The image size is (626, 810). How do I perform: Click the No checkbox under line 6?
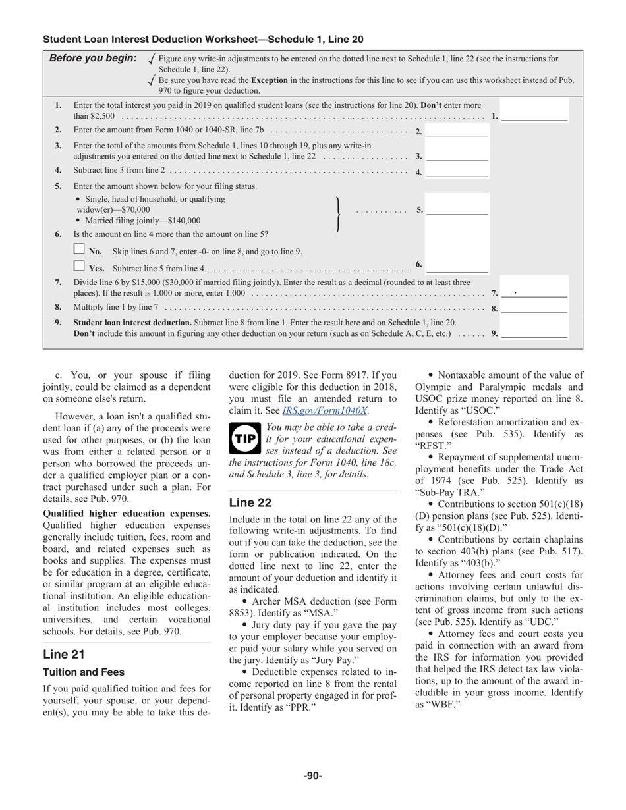pyautogui.click(x=79, y=249)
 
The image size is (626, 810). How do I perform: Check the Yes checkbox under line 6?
pyautogui.click(x=79, y=266)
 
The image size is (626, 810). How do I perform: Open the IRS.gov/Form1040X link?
pyautogui.click(x=325, y=410)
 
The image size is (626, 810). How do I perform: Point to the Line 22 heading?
pyautogui.click(x=250, y=502)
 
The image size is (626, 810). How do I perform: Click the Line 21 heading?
pyautogui.click(x=64, y=654)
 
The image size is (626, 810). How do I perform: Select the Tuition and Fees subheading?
pyautogui.click(x=84, y=672)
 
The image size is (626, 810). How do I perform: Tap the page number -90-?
pyautogui.click(x=313, y=776)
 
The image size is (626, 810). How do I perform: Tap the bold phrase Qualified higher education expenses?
pyautogui.click(x=127, y=514)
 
